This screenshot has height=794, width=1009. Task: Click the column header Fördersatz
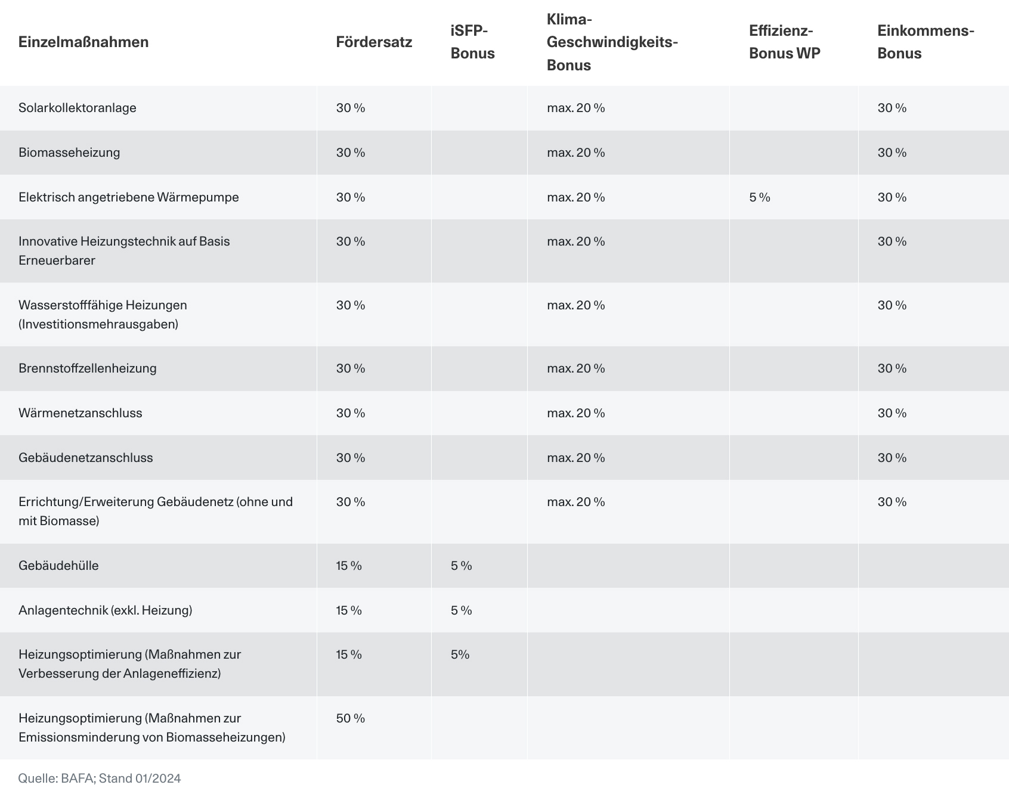[374, 42]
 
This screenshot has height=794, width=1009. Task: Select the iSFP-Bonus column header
[473, 42]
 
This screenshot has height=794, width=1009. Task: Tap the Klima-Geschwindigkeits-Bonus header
[612, 42]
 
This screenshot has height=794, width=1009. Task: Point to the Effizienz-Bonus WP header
[785, 42]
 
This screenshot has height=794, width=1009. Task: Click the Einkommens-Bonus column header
[926, 42]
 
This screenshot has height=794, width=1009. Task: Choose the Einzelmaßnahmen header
[83, 42]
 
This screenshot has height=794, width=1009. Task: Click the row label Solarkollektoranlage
[78, 108]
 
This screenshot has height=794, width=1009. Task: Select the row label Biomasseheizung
[69, 153]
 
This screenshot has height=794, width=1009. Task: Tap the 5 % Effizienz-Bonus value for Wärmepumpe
[760, 197]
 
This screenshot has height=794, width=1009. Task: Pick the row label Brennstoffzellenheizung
[88, 368]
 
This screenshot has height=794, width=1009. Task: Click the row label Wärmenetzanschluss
[81, 413]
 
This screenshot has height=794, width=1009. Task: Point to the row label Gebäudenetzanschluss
[86, 458]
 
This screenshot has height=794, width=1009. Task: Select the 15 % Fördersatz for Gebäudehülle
[349, 566]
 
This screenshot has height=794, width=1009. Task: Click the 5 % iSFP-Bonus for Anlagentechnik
[462, 610]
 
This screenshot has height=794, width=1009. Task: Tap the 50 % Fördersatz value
[351, 718]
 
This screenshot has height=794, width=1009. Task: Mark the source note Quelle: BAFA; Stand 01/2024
[100, 779]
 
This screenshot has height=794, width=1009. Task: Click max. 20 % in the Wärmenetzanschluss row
[576, 413]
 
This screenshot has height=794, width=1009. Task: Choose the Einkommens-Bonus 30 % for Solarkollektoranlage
[892, 108]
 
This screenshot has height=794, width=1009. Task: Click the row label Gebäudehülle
[58, 566]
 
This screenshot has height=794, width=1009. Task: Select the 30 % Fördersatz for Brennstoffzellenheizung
[351, 368]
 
